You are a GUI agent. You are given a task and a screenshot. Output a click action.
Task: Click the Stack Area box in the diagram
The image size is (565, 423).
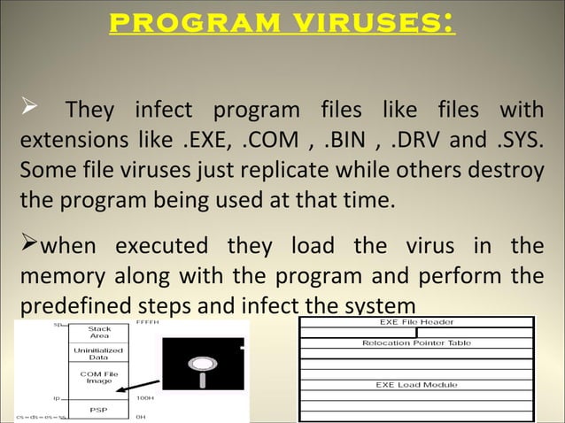coord(99,332)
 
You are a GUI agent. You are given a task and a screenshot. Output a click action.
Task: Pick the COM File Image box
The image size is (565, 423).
coord(99,377)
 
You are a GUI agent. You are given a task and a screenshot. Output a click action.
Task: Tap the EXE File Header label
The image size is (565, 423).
coord(417,322)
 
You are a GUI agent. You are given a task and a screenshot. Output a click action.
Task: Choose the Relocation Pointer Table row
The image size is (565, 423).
coord(417,342)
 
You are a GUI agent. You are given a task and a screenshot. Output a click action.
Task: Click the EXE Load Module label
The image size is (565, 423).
coord(417,385)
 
